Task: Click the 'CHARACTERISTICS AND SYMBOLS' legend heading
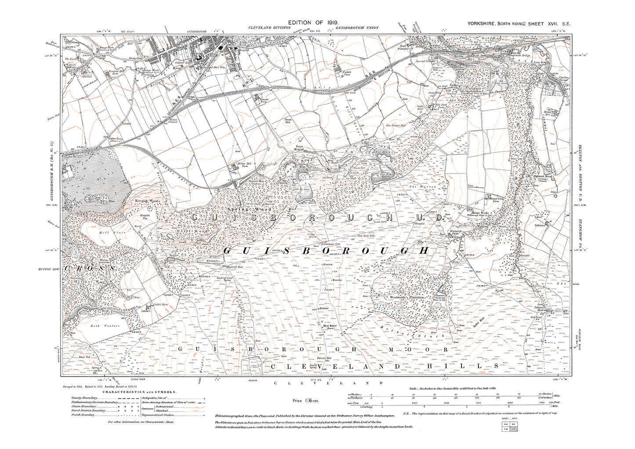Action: click(x=139, y=392)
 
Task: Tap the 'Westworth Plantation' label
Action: click(x=407, y=297)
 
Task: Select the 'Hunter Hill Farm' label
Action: click(x=239, y=166)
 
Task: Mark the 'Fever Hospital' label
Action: click(x=299, y=149)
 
